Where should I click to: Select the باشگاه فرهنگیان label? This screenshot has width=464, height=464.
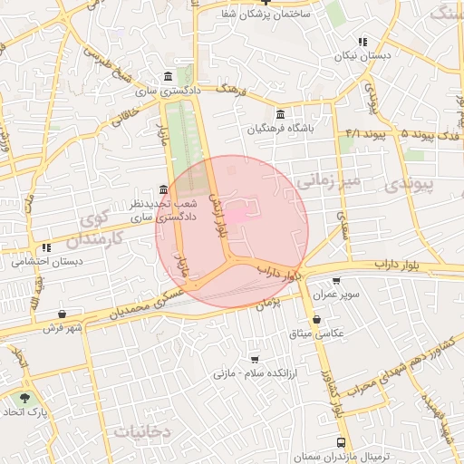point(282,130)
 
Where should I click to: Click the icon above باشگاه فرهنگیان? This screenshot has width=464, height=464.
point(280,115)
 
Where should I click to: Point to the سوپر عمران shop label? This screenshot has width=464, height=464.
point(337,295)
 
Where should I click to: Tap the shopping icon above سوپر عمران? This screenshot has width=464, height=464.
point(337,282)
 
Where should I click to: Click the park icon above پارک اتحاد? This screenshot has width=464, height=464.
point(24,398)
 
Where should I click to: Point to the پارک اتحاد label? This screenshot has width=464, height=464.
point(24,411)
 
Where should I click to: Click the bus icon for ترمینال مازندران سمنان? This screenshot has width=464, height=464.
point(340,442)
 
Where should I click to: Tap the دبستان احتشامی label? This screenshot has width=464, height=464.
point(46,261)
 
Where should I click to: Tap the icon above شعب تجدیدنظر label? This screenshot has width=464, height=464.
point(163,189)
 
